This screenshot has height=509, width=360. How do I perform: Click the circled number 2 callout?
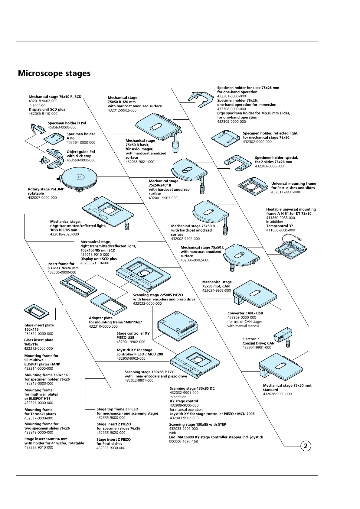(306, 446)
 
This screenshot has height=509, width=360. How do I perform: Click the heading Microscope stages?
(54, 73)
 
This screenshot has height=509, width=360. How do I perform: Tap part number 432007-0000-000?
(42, 198)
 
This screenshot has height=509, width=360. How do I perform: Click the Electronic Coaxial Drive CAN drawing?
(283, 335)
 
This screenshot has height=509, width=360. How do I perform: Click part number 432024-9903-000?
(216, 290)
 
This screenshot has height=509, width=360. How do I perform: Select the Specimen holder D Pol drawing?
(38, 128)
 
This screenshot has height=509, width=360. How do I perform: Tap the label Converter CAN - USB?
(245, 313)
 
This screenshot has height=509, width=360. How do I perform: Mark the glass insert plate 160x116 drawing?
(36, 312)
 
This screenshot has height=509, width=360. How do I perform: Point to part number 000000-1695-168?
(183, 441)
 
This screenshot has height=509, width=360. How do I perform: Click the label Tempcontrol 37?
(280, 226)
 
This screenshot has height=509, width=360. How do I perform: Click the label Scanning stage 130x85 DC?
(192, 388)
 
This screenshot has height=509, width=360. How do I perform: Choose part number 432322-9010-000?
(39, 447)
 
